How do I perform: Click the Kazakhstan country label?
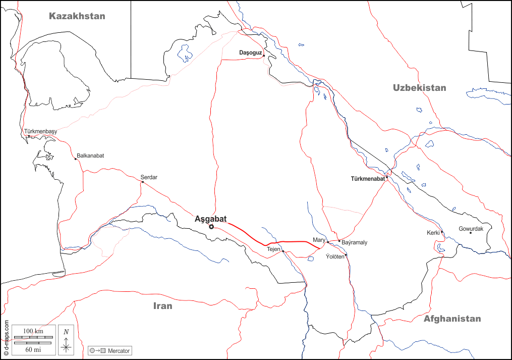(77, 16)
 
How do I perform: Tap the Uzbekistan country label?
(419, 88)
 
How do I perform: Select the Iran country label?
(162, 306)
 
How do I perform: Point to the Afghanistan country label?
(452, 319)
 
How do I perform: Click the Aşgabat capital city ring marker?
(211, 227)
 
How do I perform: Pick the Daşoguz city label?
(251, 53)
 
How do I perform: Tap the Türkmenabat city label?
(367, 179)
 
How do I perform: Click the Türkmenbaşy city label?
(40, 132)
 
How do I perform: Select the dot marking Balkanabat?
(76, 159)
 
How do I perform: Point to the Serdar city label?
(149, 177)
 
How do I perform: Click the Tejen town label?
(273, 249)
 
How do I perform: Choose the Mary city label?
(319, 240)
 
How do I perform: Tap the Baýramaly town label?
(355, 243)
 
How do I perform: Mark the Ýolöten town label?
(335, 256)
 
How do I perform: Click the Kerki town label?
(433, 233)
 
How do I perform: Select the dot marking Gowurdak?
(470, 232)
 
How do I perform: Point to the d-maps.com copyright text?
(6, 339)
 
